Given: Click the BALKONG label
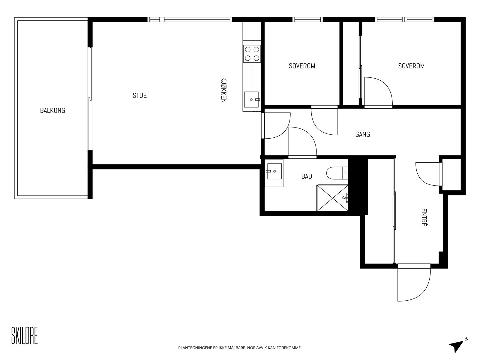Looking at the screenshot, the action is click(x=52, y=110).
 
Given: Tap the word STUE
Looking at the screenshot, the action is click(x=139, y=95).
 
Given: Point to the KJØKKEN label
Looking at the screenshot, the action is click(x=223, y=90).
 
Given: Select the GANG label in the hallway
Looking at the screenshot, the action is click(x=363, y=134).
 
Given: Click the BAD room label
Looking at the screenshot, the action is click(x=307, y=176).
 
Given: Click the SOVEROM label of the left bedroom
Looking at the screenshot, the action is click(x=302, y=66).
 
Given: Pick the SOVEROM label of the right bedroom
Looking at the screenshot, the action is click(x=411, y=66).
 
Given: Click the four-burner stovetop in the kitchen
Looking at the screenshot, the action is click(x=252, y=54).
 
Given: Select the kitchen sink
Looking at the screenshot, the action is click(x=251, y=100).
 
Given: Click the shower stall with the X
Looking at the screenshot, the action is click(x=332, y=198).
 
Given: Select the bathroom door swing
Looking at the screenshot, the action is click(x=302, y=142).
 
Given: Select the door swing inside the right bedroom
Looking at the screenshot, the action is click(x=378, y=92).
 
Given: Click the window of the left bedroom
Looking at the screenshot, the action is click(x=307, y=19).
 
